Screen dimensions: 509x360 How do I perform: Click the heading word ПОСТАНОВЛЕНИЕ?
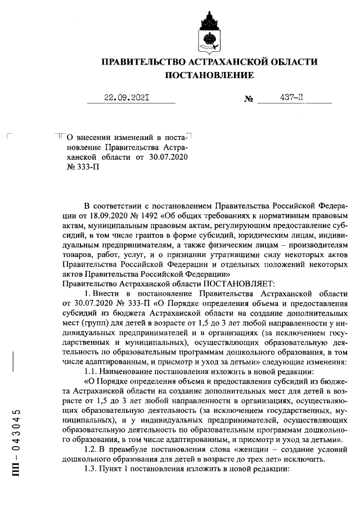[209, 75]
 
